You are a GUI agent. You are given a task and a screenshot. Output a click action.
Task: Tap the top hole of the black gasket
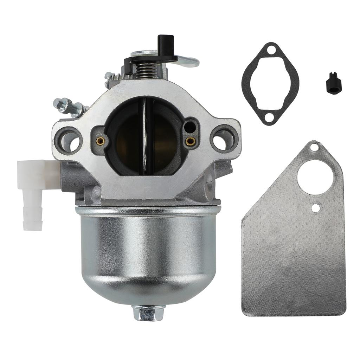tap(270, 51)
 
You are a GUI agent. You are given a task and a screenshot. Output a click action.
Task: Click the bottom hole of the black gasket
tap(269, 117)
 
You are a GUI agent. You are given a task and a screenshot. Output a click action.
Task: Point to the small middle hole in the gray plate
tap(316, 208)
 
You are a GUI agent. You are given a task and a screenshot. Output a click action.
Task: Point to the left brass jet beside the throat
tap(100, 141)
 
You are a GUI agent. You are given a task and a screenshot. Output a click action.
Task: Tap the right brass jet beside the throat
tap(191, 141)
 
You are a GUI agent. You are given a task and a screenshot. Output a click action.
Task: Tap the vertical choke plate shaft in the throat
tap(145, 137)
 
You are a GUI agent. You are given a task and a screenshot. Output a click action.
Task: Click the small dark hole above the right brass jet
tap(189, 126)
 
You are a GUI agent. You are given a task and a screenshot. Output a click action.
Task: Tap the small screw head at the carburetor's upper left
tap(108, 76)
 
